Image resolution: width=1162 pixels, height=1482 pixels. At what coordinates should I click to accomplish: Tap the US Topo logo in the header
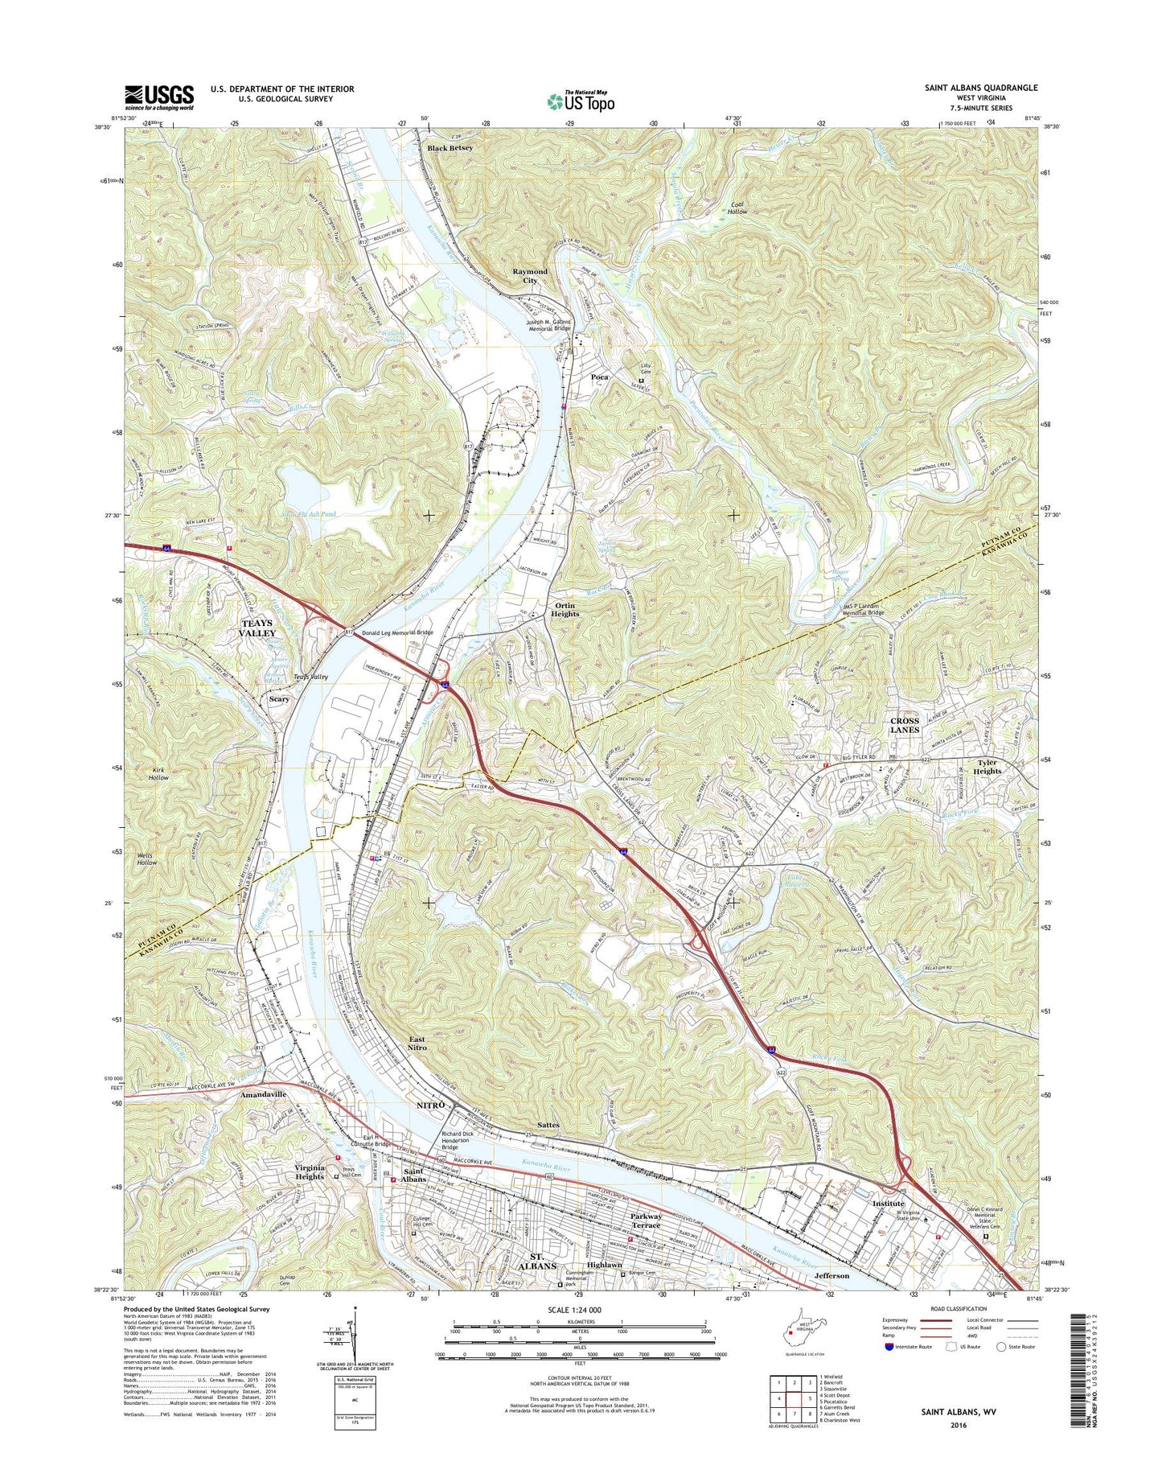coord(581,101)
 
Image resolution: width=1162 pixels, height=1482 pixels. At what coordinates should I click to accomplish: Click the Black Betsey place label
coord(450,148)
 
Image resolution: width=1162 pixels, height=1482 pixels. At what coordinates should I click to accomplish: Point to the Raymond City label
coord(530,276)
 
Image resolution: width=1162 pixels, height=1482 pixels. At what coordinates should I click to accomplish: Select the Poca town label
coord(600,377)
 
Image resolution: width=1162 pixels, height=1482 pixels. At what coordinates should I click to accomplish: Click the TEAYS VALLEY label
coord(257,628)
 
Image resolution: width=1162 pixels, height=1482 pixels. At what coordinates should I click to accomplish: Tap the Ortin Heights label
coord(565,609)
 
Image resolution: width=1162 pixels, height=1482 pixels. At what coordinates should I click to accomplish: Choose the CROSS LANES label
coord(905,725)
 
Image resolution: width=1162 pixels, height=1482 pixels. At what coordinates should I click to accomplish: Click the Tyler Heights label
coord(987,767)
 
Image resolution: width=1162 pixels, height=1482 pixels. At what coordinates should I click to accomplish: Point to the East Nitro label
coord(417,1044)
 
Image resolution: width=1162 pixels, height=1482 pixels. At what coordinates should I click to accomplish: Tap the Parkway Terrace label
coord(646,1221)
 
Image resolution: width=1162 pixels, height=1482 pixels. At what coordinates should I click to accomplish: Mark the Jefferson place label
coord(831,1276)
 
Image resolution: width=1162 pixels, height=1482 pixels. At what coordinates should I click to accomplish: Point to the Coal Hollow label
coord(733,207)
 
